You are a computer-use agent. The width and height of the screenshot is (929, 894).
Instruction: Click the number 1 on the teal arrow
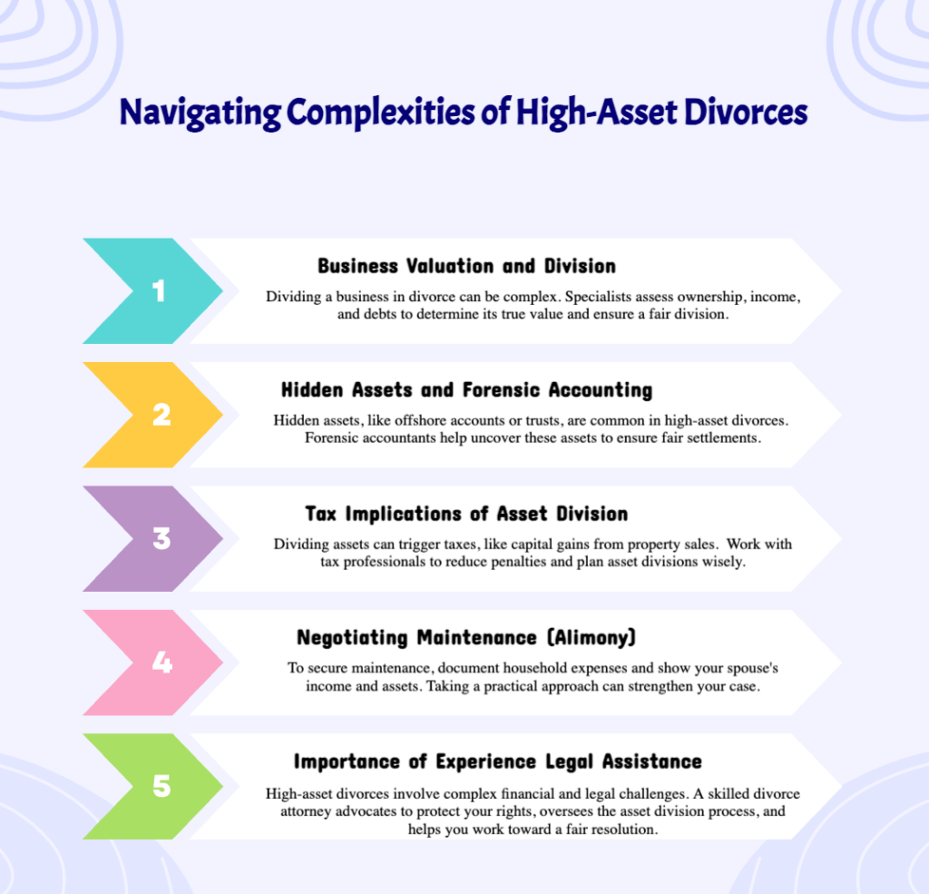click(160, 291)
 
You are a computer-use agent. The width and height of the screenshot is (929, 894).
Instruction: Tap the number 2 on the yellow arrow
click(161, 415)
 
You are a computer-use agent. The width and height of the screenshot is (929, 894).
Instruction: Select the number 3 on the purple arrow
click(161, 539)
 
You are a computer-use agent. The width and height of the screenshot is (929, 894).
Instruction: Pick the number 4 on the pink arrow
click(161, 663)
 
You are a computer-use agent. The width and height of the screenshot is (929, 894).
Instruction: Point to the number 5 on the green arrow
click(161, 786)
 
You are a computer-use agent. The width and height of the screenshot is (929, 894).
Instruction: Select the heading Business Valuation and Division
click(466, 267)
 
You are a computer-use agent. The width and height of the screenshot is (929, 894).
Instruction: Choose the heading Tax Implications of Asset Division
click(466, 514)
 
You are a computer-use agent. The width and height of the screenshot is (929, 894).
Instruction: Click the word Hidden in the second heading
click(312, 390)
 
